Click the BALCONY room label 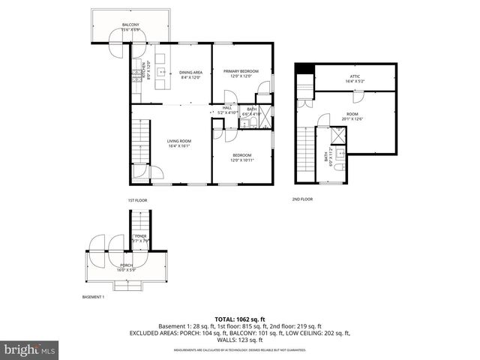pyautogui.click(x=131, y=25)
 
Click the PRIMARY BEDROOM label pyautogui.click(x=241, y=71)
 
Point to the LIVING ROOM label pyautogui.click(x=179, y=141)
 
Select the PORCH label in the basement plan pyautogui.click(x=127, y=265)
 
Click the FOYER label pyautogui.click(x=140, y=237)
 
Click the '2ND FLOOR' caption pyautogui.click(x=302, y=199)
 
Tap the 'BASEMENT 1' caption pyautogui.click(x=93, y=298)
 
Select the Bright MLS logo pyautogui.click(x=30, y=350)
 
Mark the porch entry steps pyautogui.click(x=125, y=285)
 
